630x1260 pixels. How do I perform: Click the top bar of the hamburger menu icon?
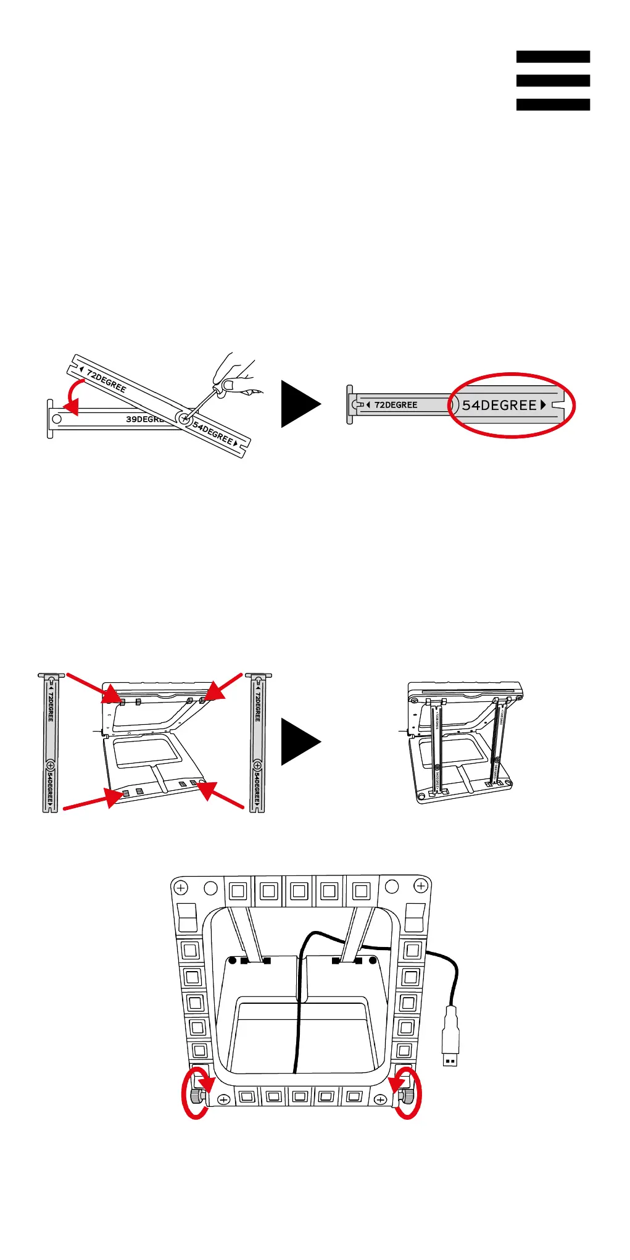point(553,57)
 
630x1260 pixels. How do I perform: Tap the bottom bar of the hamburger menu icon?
point(553,104)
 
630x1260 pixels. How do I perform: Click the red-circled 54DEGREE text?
point(500,406)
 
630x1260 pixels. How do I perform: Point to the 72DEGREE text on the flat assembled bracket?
point(396,405)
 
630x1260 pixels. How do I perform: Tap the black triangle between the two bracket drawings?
point(300,404)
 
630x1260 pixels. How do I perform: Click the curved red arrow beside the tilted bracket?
point(74,398)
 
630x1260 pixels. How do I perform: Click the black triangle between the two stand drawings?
point(300,741)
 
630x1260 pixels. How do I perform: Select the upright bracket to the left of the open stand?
point(51,743)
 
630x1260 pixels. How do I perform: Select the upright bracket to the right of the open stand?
point(257,743)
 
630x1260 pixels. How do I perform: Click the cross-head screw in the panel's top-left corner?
point(181,888)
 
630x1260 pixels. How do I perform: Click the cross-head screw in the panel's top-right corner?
point(421,887)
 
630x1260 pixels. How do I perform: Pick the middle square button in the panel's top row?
point(299,891)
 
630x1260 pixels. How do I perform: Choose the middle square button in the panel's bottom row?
point(300,1097)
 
